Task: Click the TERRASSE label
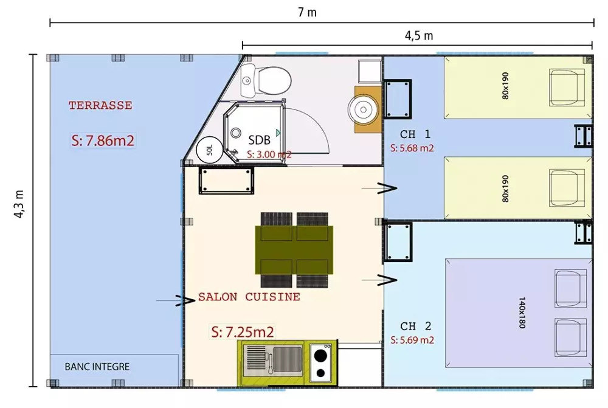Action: click(100, 105)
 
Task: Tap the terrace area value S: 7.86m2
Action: click(103, 140)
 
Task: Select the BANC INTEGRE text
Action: click(97, 367)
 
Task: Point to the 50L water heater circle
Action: click(209, 150)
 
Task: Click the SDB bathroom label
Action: click(260, 140)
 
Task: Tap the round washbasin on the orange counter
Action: click(363, 109)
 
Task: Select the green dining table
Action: click(294, 250)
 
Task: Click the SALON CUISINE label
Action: click(249, 297)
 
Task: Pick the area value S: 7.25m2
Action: click(243, 332)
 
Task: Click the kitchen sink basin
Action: click(288, 359)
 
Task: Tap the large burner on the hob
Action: click(320, 355)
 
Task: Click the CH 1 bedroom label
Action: click(415, 134)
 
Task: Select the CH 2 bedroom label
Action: click(416, 326)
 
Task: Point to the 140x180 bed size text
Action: click(522, 313)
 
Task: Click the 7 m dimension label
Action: click(307, 12)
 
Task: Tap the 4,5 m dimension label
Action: click(419, 36)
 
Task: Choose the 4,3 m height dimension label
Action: click(19, 204)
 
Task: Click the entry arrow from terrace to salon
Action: click(175, 300)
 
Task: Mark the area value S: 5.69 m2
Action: click(412, 340)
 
